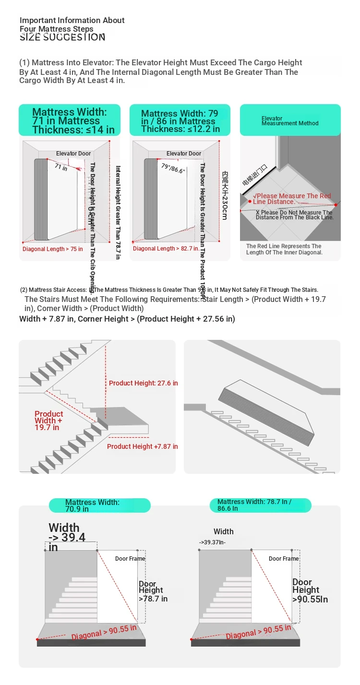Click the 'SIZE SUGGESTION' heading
(x=62, y=37)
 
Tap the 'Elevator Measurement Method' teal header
(x=290, y=120)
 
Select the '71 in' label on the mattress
(x=61, y=167)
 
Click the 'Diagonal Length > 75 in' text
(x=53, y=249)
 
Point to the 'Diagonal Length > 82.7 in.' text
(x=166, y=249)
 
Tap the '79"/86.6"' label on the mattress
(x=173, y=168)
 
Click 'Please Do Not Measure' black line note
(x=294, y=215)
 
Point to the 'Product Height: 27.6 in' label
(x=143, y=383)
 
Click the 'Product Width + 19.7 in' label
(x=48, y=421)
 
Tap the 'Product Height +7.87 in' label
(x=142, y=446)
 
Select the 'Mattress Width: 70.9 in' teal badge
(x=99, y=505)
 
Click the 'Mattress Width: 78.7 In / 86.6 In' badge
(x=261, y=505)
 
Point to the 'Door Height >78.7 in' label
(x=153, y=591)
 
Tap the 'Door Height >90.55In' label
(x=310, y=590)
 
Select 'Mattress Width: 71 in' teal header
(x=70, y=120)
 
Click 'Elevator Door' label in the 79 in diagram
(x=184, y=154)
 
